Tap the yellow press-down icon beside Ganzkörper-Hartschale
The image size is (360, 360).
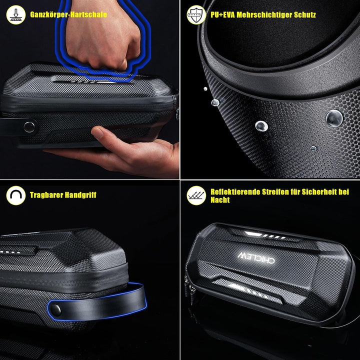tap(15, 15)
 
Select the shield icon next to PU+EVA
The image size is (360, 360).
tap(196, 15)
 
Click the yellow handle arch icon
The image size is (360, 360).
tap(15, 195)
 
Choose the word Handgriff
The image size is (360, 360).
tap(82, 195)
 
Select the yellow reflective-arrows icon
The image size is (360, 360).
tap(196, 195)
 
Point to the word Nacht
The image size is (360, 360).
tap(220, 200)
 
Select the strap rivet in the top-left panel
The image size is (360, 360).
tap(29, 126)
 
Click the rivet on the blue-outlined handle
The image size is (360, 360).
tap(56, 309)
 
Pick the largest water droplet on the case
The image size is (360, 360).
tap(333, 118)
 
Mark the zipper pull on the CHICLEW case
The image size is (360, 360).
tap(190, 290)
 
